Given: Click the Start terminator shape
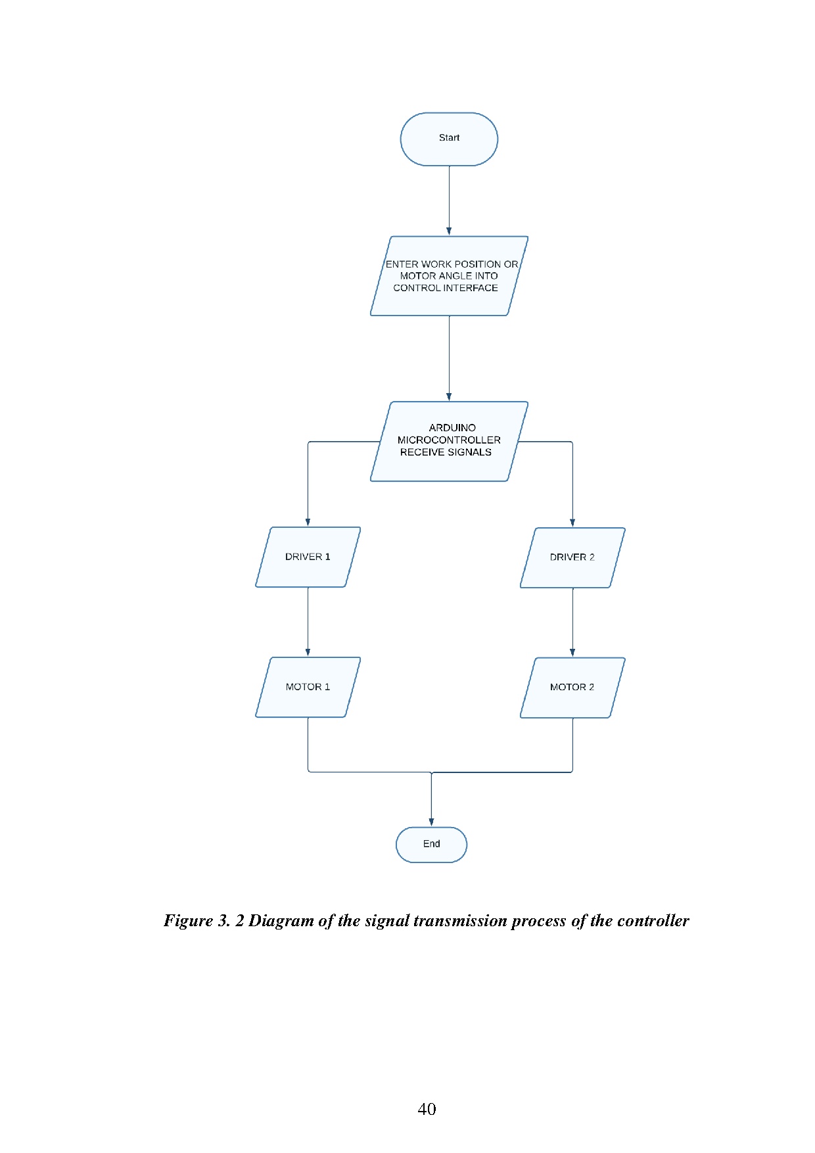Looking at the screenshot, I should [449, 139].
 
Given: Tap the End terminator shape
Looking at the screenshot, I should [431, 845].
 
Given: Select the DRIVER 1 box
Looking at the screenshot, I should [308, 557].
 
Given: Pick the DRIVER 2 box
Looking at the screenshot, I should [572, 557].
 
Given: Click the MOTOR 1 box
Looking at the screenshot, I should [308, 687].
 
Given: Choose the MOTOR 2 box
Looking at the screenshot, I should [572, 688].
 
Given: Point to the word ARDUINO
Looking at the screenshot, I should [452, 428].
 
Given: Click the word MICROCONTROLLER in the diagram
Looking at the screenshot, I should [449, 440].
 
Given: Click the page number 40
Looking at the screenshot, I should [427, 1109].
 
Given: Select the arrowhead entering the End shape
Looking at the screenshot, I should [431, 822].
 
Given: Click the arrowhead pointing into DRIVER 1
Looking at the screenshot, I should [308, 522].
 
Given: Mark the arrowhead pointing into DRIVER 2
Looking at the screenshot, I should [572, 523].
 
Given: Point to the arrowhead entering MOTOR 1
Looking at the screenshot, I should [308, 652].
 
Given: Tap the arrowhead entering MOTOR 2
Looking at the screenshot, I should [572, 653].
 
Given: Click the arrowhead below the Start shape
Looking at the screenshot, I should [449, 231].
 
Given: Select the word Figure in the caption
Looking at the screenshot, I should [188, 921].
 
